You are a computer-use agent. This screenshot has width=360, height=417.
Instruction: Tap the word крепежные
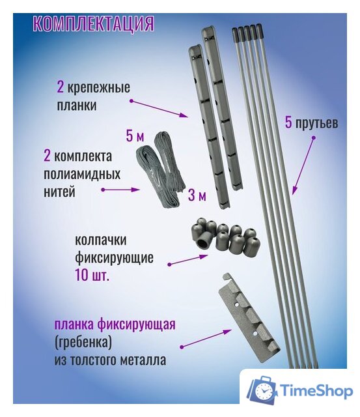coord(104,87)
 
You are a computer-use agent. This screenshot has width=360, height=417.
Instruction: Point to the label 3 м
coord(197,195)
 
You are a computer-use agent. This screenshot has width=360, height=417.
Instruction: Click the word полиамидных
coord(81,175)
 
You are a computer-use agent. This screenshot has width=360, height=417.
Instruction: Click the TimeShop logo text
coord(316,390)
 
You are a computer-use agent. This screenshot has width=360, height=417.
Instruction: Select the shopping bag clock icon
coord(262,390)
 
